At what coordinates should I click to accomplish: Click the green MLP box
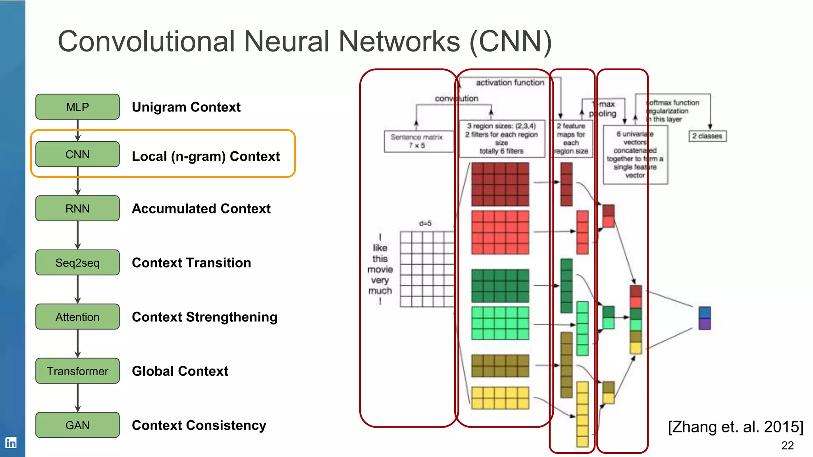click(77, 107)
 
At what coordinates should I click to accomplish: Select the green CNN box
click(77, 154)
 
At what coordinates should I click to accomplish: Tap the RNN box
click(77, 208)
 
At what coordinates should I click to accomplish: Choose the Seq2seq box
click(77, 263)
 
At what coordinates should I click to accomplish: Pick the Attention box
click(77, 317)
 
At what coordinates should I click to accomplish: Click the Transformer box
click(77, 371)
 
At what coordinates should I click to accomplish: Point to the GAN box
click(77, 425)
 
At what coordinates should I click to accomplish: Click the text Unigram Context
click(186, 107)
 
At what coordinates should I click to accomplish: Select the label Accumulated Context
click(201, 209)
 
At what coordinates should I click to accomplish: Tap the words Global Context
click(180, 371)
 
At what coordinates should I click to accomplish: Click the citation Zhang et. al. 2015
click(735, 427)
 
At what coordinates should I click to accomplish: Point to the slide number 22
click(787, 445)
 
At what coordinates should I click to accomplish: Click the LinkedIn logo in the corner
click(11, 442)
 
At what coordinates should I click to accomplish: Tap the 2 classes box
click(707, 136)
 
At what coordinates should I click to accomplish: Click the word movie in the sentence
click(380, 270)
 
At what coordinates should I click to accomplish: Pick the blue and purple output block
click(705, 318)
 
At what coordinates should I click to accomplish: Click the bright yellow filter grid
click(500, 398)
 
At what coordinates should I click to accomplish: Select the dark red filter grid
click(500, 184)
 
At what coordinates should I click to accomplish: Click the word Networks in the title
click(399, 41)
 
